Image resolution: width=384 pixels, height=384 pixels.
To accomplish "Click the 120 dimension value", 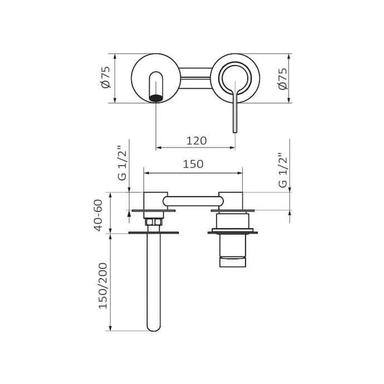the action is click(196, 141).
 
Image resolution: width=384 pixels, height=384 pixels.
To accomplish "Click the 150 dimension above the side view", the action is click(193, 164).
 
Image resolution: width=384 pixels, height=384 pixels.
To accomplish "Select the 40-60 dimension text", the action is click(98, 215).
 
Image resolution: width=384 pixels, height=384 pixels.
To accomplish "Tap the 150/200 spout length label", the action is click(103, 286).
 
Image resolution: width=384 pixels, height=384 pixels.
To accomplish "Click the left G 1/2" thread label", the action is click(122, 163).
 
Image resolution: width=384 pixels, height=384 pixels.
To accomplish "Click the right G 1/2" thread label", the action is click(283, 170).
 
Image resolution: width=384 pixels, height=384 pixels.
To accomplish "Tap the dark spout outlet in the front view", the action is click(156, 98).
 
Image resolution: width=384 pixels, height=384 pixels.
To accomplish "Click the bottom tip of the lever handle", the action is click(235, 132).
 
